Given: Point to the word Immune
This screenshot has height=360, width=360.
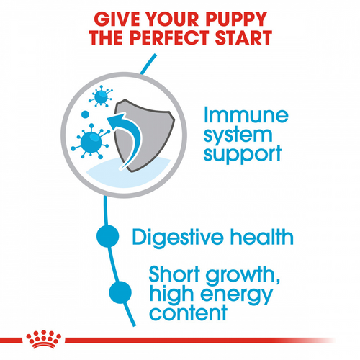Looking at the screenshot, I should click(244, 114).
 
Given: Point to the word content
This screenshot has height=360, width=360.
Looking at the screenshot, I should click(188, 314).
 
